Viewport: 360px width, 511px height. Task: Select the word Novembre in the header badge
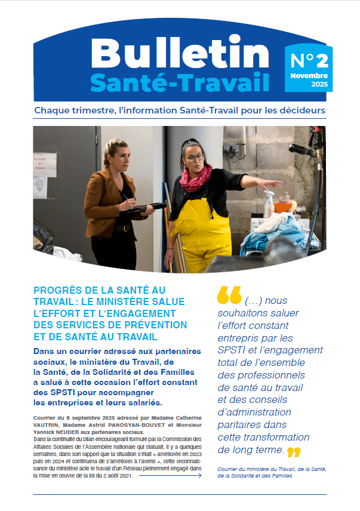pyautogui.click(x=309, y=76)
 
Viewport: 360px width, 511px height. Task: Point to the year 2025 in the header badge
pyautogui.click(x=319, y=84)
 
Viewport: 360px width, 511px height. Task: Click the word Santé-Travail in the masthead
pyautogui.click(x=180, y=82)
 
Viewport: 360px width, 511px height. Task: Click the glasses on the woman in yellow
pyautogui.click(x=195, y=158)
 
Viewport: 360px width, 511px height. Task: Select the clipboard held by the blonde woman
pyautogui.click(x=146, y=207)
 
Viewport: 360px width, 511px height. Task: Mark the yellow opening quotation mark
pyautogui.click(x=229, y=294)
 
